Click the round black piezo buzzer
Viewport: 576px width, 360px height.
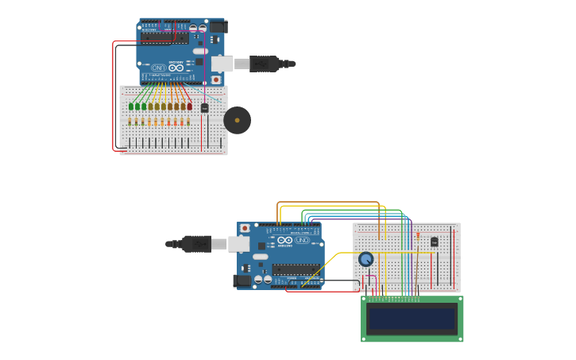coord(237,121)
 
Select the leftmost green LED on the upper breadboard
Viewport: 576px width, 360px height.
coord(130,106)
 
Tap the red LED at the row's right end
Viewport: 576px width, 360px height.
coord(189,106)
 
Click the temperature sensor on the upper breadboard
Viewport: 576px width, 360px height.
coord(204,108)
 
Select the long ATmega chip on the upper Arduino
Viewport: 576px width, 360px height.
coord(164,38)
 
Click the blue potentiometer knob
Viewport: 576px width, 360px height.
coord(365,259)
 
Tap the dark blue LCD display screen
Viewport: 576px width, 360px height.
coord(412,319)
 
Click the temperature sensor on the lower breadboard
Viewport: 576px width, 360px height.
coord(434,242)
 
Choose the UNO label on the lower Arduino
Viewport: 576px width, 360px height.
coord(302,240)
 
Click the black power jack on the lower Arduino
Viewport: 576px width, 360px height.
coord(242,281)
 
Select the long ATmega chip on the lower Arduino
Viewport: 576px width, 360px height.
coord(296,269)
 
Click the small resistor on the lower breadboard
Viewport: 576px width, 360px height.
coord(418,236)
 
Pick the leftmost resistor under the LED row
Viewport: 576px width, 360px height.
coord(130,122)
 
